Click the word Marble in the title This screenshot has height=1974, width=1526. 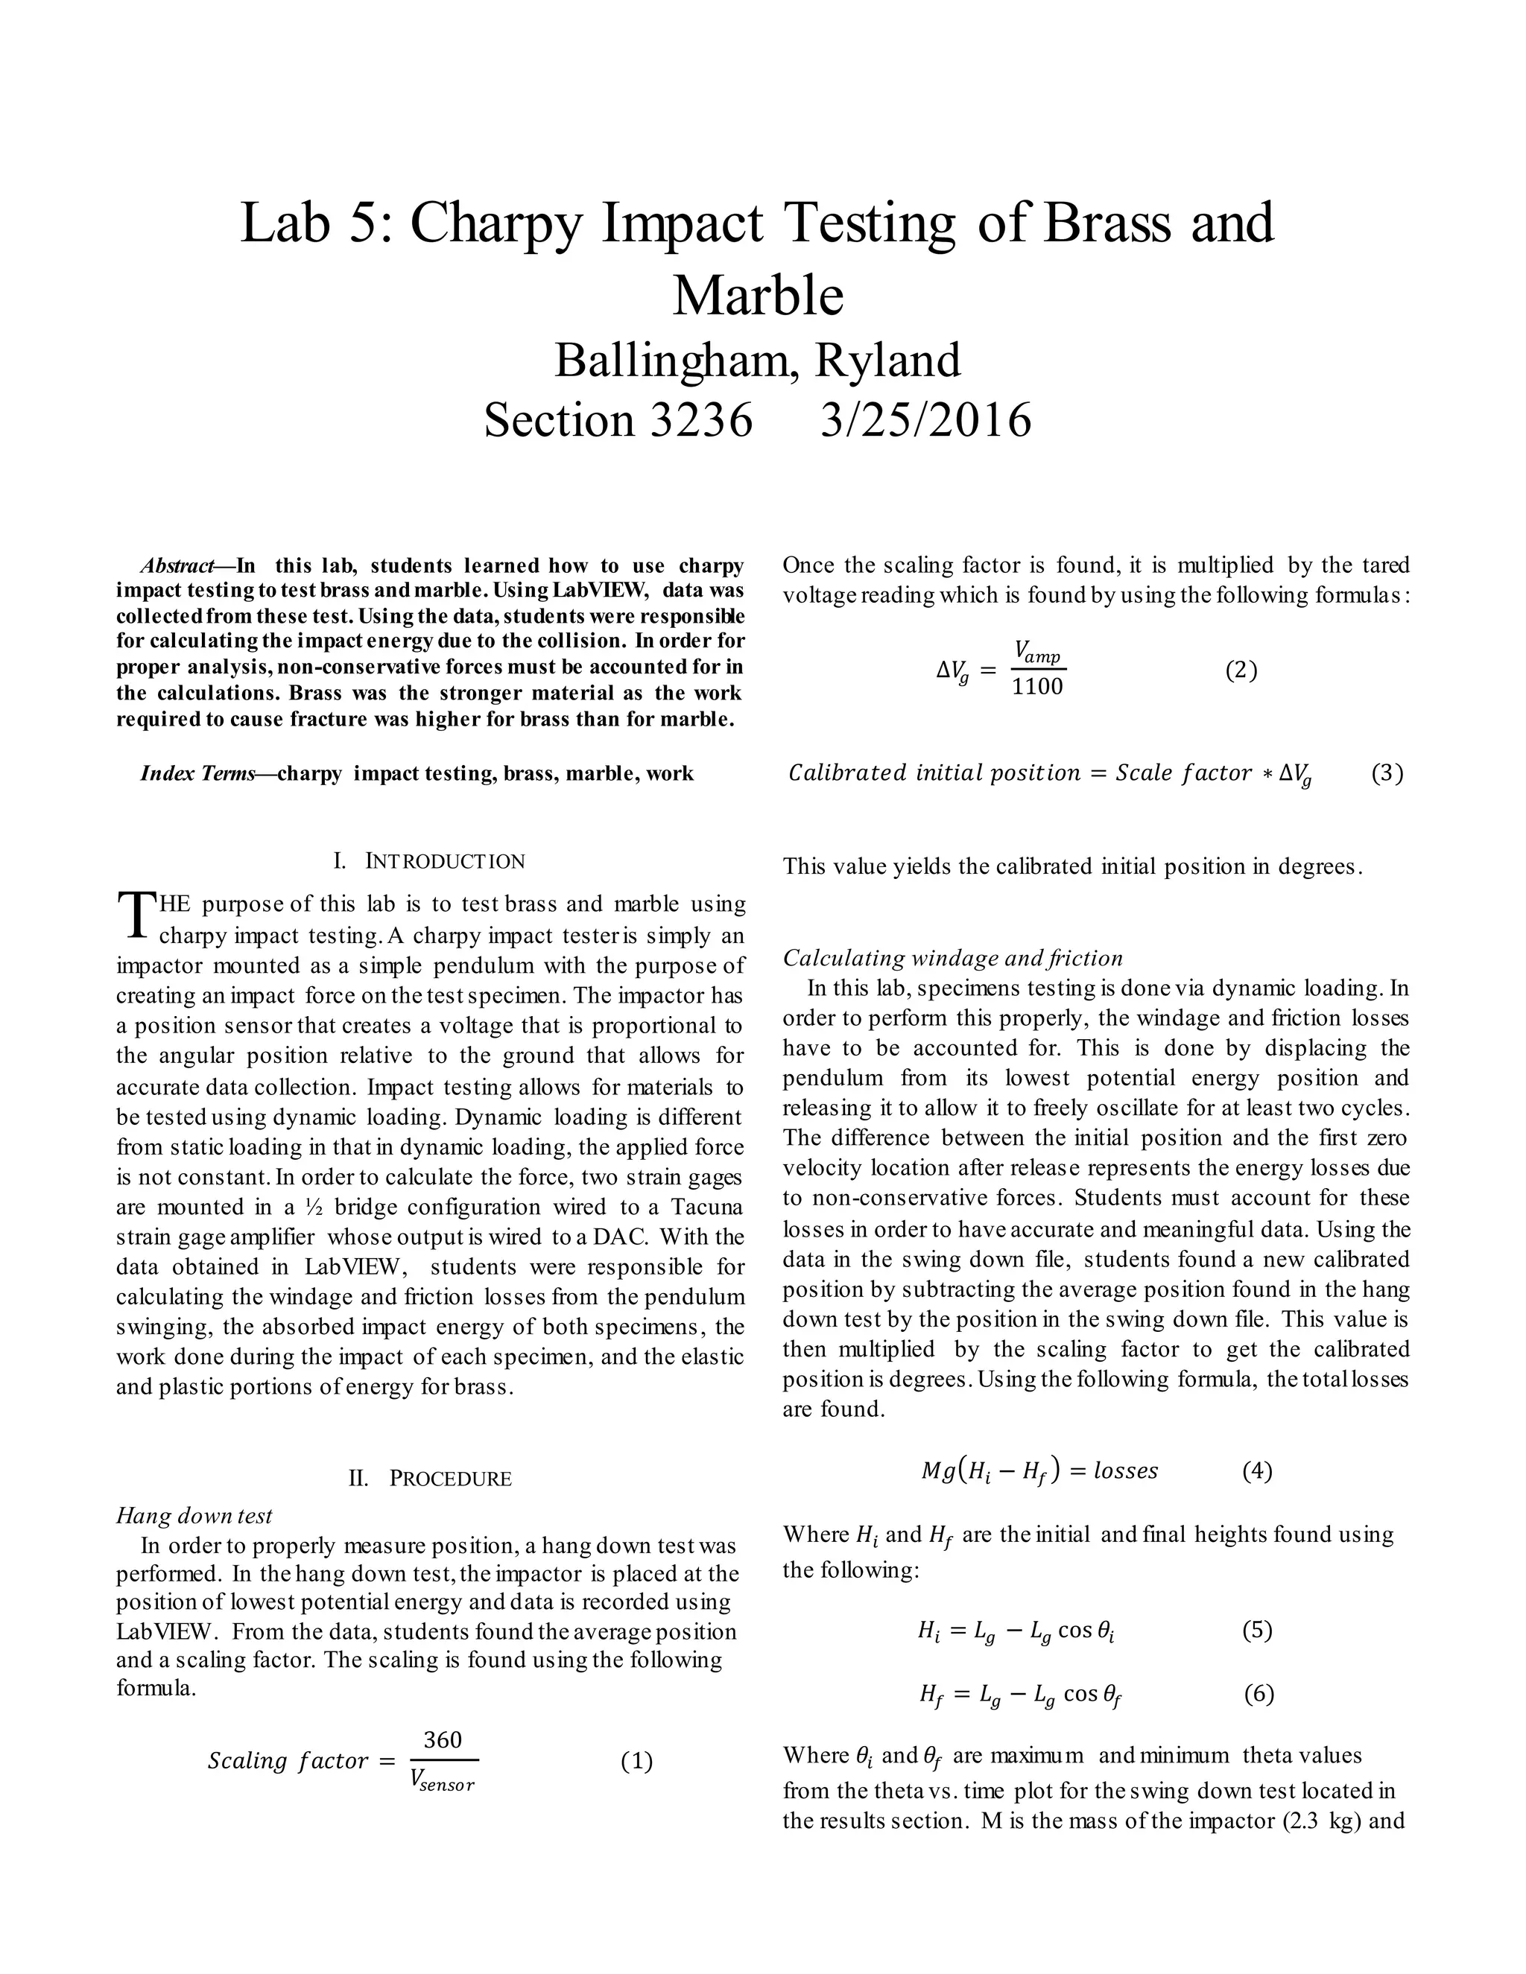click(758, 295)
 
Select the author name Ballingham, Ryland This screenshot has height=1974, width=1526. click(758, 361)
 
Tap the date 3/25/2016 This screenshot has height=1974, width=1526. click(925, 420)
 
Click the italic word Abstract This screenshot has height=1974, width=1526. click(177, 566)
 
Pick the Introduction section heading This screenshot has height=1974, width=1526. click(429, 860)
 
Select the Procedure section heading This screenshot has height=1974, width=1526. click(431, 1479)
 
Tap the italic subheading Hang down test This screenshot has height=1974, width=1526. click(194, 1516)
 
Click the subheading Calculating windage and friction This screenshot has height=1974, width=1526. click(953, 957)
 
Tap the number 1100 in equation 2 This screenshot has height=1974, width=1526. click(1037, 687)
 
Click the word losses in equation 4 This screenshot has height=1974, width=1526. click(1126, 1470)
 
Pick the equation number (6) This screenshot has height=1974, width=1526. click(1259, 1693)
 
